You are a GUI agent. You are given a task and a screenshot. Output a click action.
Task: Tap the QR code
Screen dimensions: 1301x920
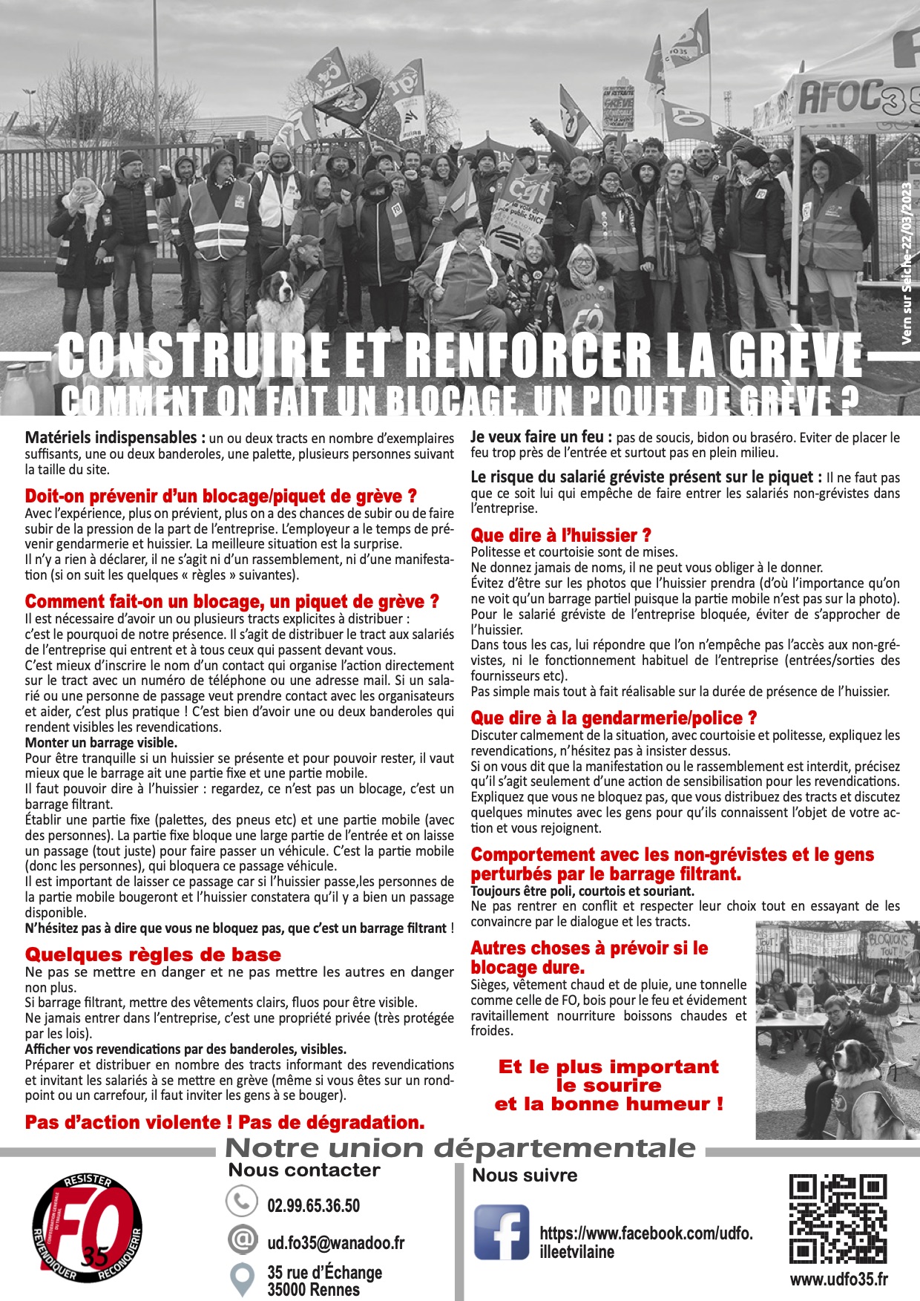(838, 1219)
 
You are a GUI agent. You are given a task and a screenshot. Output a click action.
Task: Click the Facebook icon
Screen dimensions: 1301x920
(502, 1232)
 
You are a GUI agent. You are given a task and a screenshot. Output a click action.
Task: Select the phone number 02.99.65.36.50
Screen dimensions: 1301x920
(313, 1205)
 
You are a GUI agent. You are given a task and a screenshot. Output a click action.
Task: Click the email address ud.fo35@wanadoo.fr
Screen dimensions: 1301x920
(335, 1242)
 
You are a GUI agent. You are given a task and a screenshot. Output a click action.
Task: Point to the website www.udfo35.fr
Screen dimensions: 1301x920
(838, 1279)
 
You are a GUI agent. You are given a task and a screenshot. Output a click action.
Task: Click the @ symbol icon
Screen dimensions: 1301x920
(241, 1239)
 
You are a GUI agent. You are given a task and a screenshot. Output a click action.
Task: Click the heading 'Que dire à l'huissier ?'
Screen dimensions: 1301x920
(561, 535)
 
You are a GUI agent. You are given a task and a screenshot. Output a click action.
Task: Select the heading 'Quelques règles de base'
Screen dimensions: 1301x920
(153, 954)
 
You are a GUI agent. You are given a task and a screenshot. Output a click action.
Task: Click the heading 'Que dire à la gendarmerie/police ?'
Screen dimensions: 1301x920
(614, 718)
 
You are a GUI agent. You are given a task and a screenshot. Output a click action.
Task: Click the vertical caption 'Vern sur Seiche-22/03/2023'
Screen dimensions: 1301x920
(907, 263)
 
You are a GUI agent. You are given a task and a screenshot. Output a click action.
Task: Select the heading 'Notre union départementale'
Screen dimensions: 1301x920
(460, 1148)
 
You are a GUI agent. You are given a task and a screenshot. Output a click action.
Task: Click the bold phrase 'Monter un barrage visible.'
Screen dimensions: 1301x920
(101, 742)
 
